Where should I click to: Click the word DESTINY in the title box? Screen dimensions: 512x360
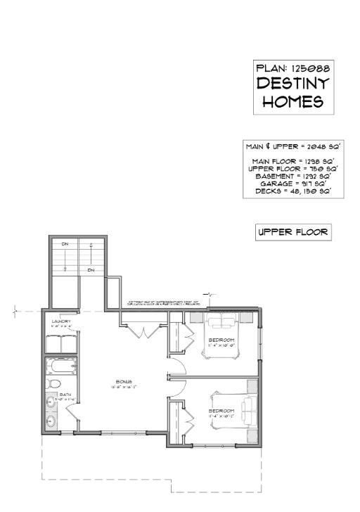tap(293, 84)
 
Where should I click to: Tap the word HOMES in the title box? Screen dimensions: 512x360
tap(293, 101)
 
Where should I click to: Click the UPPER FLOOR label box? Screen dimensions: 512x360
tap(292, 233)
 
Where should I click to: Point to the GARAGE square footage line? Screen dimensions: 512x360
tap(293, 184)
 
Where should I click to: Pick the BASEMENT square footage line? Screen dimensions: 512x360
tap(293, 176)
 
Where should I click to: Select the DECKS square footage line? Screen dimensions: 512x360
tap(293, 191)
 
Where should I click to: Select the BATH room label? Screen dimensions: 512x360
tap(65, 395)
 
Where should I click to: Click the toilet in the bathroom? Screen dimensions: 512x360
tap(55, 384)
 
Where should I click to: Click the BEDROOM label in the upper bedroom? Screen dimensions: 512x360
tap(222, 340)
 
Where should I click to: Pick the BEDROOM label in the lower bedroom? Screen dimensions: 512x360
tap(222, 411)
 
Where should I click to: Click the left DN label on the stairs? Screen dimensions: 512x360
tap(64, 244)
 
